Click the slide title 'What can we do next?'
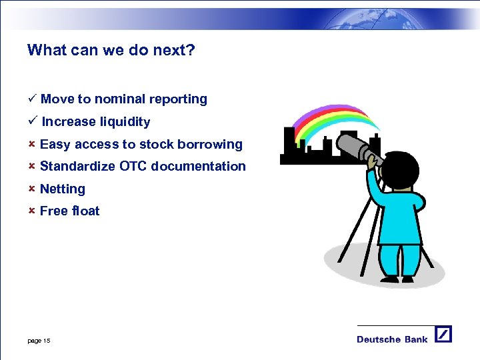111,50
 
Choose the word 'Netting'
63,189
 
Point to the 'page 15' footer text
39,341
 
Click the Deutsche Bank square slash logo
443,334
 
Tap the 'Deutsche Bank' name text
392,339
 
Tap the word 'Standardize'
78,167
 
